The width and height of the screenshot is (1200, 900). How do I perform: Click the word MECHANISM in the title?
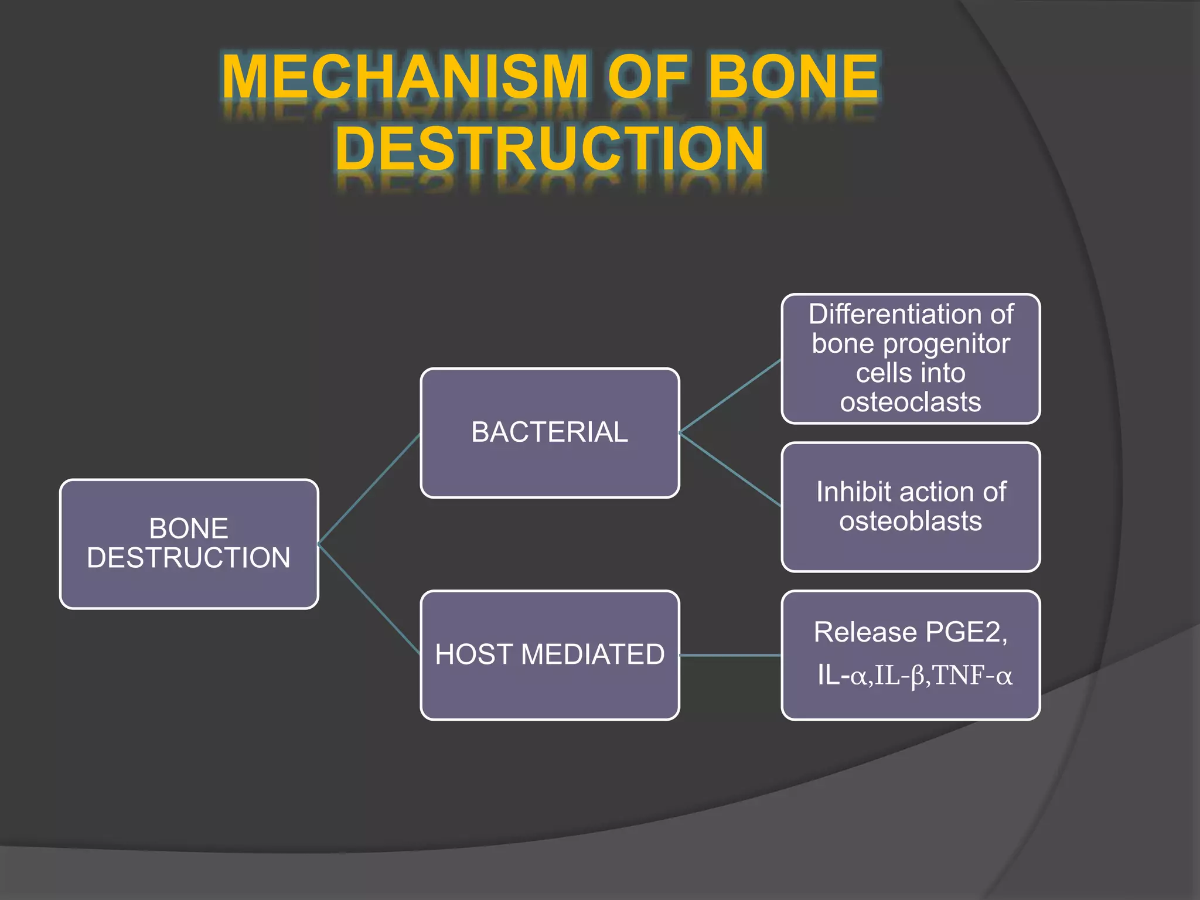[x=404, y=77]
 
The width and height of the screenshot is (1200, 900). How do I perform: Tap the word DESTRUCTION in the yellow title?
[x=550, y=148]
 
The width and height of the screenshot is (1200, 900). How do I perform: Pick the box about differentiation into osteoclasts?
[x=911, y=359]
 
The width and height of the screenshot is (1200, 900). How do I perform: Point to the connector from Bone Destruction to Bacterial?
[x=369, y=489]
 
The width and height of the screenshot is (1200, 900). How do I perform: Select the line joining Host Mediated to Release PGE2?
[x=730, y=655]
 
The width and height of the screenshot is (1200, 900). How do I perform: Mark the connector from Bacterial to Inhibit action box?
[x=730, y=469]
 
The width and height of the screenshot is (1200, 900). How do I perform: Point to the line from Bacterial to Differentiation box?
[x=730, y=396]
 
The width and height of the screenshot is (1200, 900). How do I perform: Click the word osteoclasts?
[x=911, y=403]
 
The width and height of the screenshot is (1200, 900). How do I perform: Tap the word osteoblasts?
[x=911, y=521]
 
